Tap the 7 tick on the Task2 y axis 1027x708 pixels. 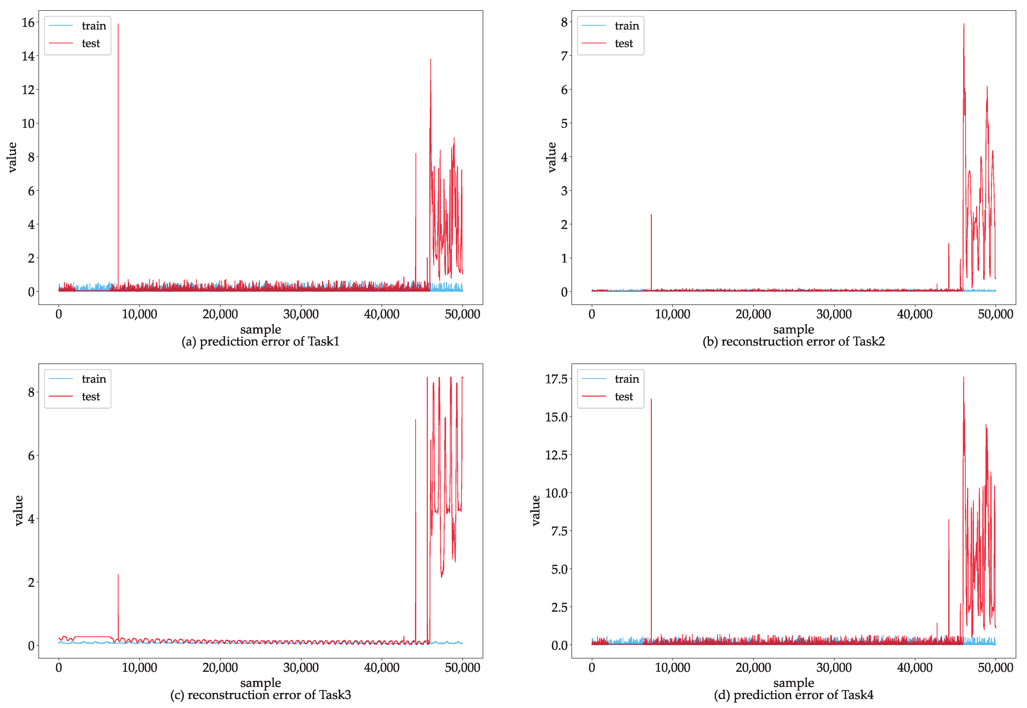(564, 56)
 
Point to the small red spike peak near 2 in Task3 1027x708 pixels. (118, 575)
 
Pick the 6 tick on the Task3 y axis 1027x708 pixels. (31, 456)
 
